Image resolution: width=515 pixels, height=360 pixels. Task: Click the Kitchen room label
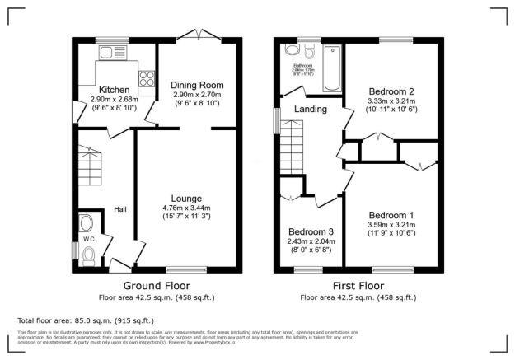(112, 89)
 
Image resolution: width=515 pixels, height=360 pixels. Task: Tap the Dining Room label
(197, 85)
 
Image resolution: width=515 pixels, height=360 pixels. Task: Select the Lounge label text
(186, 198)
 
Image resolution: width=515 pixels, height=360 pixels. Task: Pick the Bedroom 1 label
(391, 214)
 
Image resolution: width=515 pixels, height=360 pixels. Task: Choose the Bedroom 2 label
(391, 91)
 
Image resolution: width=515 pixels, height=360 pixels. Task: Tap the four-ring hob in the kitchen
(147, 79)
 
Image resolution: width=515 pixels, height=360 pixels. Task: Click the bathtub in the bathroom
(332, 69)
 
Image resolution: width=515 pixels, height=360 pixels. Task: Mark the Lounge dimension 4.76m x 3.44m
(186, 208)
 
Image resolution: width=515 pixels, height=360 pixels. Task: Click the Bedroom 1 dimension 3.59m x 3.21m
(391, 224)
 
